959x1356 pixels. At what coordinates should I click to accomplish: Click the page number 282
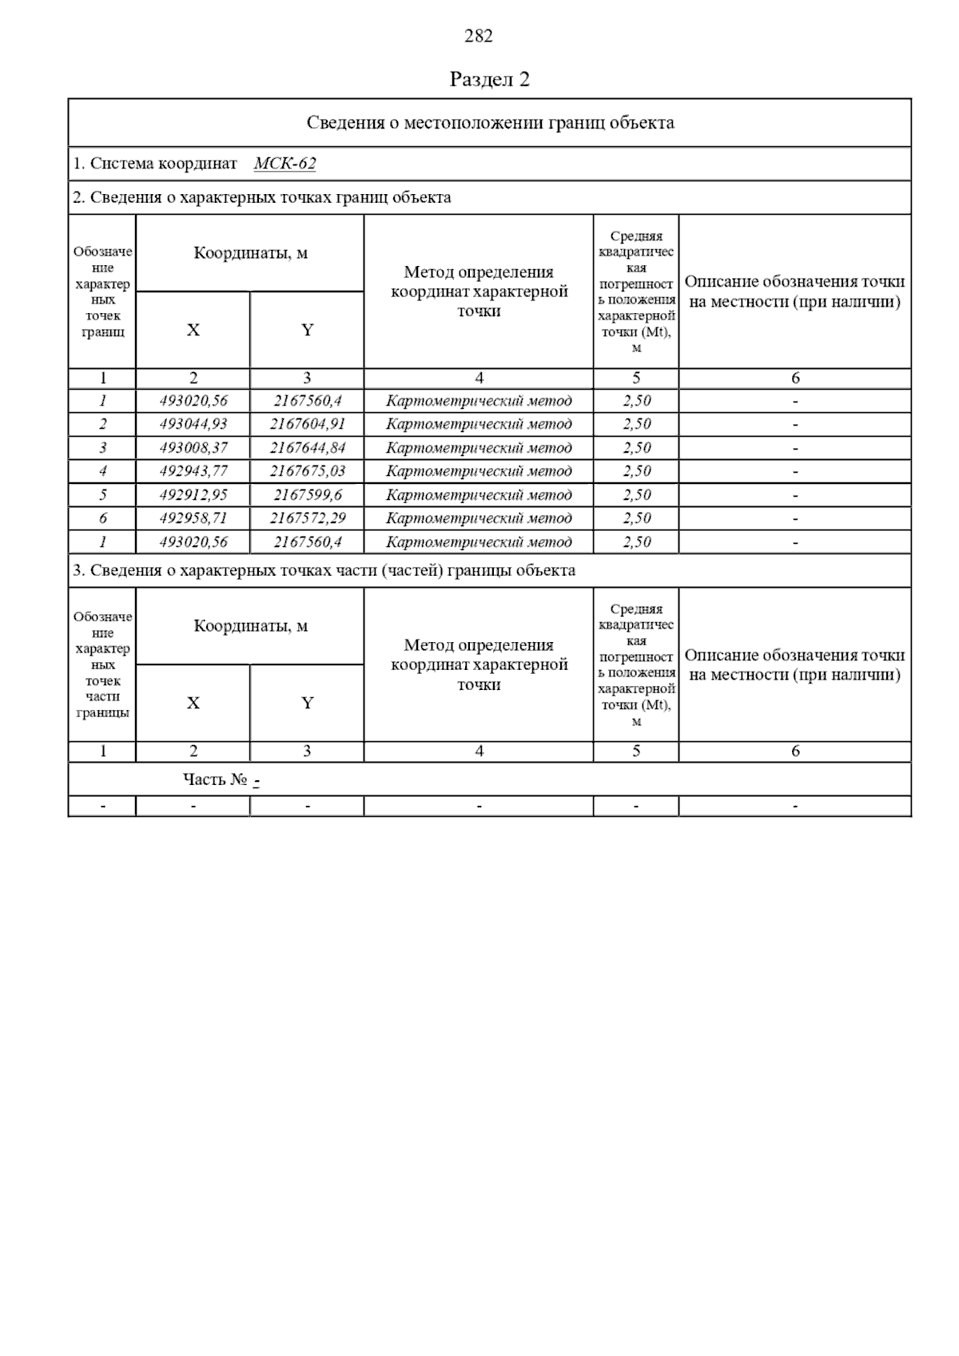[478, 36]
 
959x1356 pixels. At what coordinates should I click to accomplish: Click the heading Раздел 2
[489, 79]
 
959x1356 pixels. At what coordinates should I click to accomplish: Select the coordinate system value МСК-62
[285, 164]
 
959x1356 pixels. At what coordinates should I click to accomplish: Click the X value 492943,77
[193, 471]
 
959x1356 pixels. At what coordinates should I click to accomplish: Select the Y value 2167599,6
[307, 495]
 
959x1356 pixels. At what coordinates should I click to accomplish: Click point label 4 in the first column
[102, 471]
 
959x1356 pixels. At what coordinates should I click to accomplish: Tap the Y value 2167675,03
[307, 471]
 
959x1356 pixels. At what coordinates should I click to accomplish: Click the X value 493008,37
[193, 448]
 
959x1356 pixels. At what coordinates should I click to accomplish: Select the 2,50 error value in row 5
[636, 495]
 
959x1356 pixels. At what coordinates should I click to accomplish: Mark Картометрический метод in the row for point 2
[478, 424]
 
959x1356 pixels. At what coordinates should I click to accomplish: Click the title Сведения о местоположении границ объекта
[490, 122]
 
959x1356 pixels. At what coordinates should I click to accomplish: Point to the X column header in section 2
[193, 330]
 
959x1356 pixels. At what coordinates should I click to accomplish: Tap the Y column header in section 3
[307, 703]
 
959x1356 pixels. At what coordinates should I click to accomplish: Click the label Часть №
[215, 779]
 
